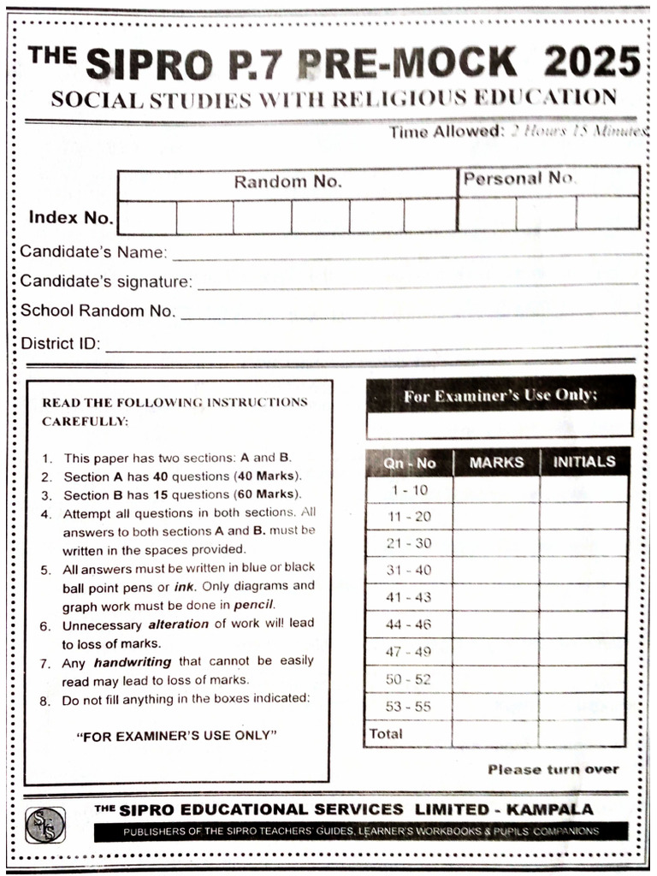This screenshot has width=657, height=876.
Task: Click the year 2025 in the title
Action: tap(592, 62)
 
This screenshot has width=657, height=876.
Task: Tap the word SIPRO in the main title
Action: tap(149, 63)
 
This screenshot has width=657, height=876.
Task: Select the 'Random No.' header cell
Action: tap(287, 181)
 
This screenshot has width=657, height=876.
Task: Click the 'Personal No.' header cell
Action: tap(518, 179)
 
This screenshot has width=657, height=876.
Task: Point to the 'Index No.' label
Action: tap(70, 217)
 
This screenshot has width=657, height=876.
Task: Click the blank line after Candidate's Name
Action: tap(406, 254)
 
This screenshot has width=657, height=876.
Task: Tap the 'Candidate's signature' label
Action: tap(106, 281)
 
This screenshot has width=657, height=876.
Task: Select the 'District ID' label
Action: tap(60, 345)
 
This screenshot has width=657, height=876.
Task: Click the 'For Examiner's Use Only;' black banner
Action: tap(500, 395)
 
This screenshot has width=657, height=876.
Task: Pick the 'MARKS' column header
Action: tap(496, 462)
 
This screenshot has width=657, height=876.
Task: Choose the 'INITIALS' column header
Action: tap(584, 462)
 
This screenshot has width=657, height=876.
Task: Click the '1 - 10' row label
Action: tap(410, 490)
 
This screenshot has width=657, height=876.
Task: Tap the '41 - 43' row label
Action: tap(410, 598)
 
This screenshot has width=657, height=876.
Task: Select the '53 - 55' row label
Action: tap(410, 707)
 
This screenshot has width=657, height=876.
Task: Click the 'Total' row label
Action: tap(386, 733)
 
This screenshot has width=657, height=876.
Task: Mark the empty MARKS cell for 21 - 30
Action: tap(496, 544)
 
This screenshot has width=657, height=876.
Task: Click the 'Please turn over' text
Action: tap(553, 769)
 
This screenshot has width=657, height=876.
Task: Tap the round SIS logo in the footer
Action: tap(44, 825)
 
